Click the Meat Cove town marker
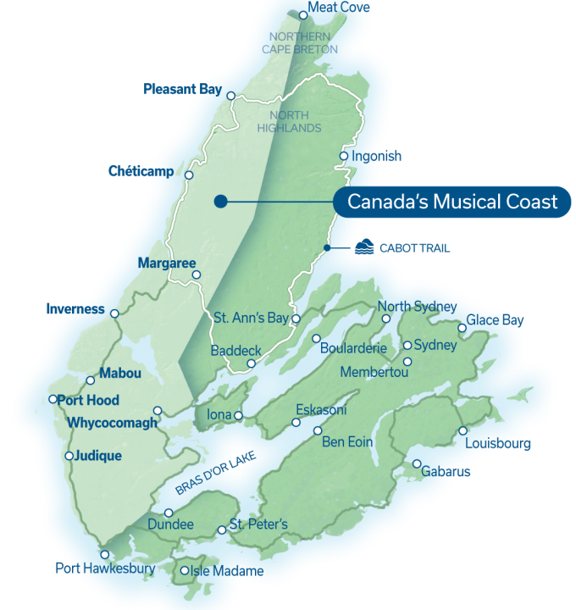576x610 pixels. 303,14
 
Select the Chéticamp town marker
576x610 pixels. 189,176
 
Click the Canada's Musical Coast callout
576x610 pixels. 452,202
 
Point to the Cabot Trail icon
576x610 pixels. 363,247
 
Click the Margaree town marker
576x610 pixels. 196,274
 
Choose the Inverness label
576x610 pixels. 76,309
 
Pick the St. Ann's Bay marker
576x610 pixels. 296,319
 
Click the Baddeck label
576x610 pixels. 235,351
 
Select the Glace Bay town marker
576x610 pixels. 462,328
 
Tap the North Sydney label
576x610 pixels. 418,307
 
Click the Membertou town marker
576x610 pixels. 407,362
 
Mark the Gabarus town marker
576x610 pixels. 418,463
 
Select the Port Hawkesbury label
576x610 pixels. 106,568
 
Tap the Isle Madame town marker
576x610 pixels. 185,571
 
